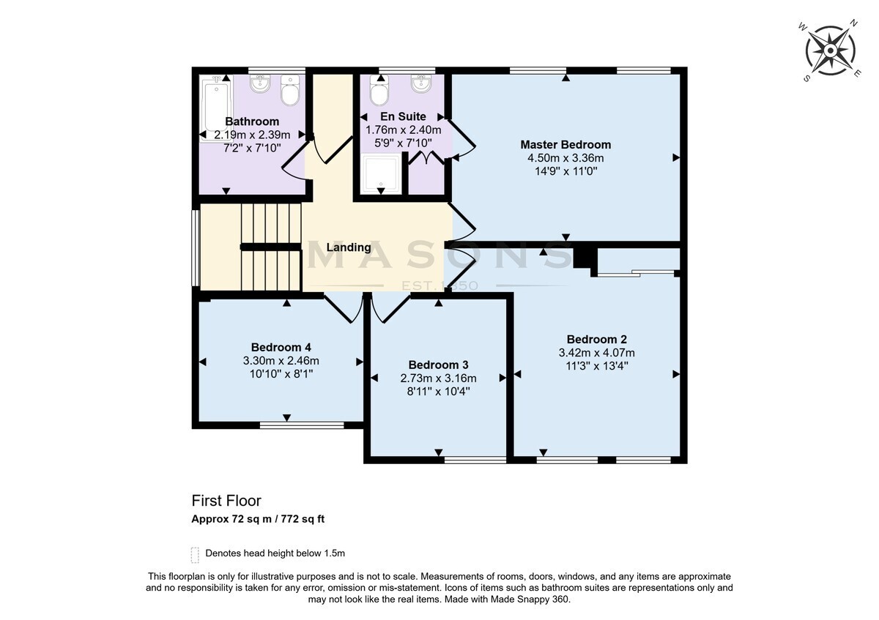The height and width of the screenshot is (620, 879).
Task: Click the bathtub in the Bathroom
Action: [x=215, y=108]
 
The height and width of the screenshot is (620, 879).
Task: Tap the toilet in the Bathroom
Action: [x=290, y=90]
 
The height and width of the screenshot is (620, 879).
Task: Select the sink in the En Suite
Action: [x=421, y=83]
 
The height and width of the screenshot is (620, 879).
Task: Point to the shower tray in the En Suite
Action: [x=381, y=173]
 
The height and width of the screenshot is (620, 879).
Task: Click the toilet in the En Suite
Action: [x=379, y=91]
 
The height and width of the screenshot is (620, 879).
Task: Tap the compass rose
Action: [x=830, y=51]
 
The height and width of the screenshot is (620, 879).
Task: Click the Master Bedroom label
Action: [x=565, y=145]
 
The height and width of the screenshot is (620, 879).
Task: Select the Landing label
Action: [x=349, y=247]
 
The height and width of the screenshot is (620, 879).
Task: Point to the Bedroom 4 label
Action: [x=281, y=348]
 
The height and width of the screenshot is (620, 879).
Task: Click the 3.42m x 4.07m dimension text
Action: [x=596, y=353]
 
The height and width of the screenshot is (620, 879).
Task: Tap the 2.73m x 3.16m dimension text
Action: [x=438, y=378]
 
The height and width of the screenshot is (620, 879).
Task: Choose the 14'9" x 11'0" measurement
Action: [x=565, y=171]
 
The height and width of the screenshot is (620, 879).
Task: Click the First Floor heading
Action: [x=226, y=501]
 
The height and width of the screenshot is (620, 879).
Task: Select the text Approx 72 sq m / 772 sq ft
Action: [x=258, y=519]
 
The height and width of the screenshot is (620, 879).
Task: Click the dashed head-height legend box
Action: [x=195, y=555]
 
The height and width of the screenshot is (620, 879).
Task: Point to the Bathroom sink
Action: [x=260, y=83]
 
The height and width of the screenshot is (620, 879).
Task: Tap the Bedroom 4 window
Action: [x=302, y=425]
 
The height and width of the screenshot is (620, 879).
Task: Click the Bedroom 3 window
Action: [x=475, y=460]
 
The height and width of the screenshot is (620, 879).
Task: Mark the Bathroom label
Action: [x=252, y=122]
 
